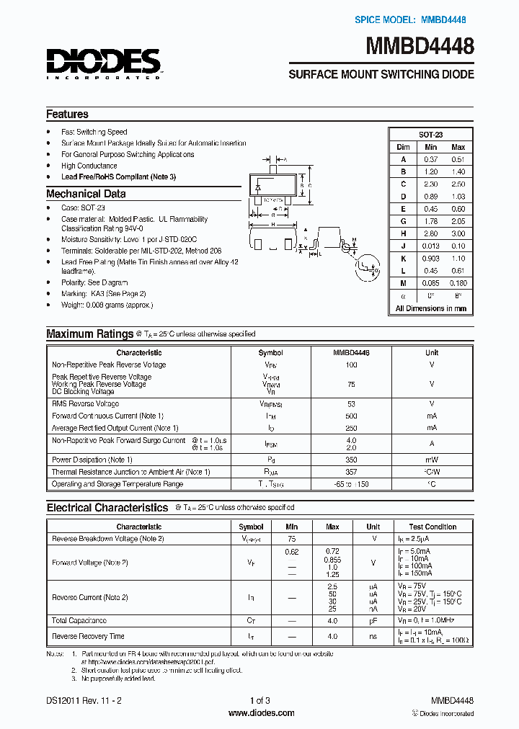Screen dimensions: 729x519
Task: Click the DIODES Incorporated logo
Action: [103, 63]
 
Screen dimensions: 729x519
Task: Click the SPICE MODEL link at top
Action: [414, 20]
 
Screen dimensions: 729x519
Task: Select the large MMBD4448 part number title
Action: [421, 47]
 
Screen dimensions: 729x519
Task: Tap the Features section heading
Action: [67, 114]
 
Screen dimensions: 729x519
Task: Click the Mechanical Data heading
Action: [86, 194]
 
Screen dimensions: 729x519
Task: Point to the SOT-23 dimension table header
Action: [430, 135]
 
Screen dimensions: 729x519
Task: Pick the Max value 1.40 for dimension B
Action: [458, 171]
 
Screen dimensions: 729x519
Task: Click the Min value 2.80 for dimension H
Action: [431, 234]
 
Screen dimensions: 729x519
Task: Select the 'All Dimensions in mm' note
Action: [430, 308]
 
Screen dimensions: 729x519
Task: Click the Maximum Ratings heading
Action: [89, 334]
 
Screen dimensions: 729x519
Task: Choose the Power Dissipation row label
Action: [92, 460]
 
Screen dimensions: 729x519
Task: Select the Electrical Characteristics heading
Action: [107, 508]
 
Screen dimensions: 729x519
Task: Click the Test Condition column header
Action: [432, 527]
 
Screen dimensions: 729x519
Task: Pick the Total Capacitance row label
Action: [79, 620]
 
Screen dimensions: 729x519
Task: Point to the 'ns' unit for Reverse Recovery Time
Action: [373, 636]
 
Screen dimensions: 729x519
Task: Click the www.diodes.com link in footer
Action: [260, 713]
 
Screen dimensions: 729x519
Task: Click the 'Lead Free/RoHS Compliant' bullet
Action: [118, 176]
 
